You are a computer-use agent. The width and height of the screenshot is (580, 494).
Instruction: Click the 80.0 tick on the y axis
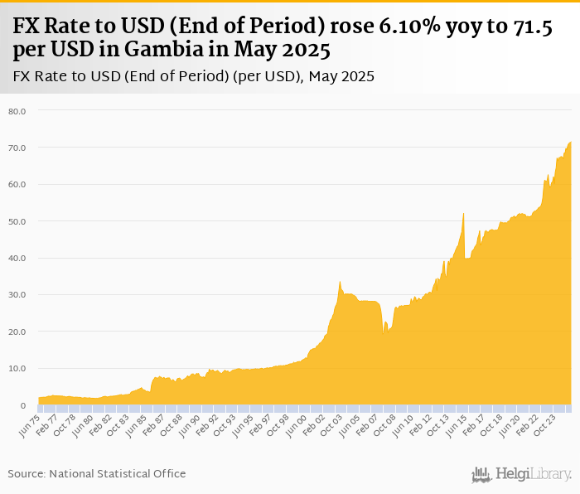17,111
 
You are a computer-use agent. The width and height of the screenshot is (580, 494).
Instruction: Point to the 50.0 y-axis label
17,221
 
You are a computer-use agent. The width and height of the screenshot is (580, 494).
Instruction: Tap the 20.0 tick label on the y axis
17,332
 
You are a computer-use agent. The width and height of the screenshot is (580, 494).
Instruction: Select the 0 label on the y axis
22,405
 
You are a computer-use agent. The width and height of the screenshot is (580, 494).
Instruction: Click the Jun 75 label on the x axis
28,426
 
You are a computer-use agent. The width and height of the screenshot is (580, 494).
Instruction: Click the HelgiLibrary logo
521,474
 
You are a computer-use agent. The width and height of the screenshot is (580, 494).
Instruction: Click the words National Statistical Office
118,473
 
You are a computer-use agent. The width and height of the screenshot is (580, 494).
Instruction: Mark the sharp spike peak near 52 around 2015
463,214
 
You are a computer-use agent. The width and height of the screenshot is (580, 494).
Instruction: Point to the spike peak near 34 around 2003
340,281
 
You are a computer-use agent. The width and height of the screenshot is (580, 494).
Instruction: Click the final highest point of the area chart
570,143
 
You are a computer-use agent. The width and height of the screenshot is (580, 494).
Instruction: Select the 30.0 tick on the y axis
17,295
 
